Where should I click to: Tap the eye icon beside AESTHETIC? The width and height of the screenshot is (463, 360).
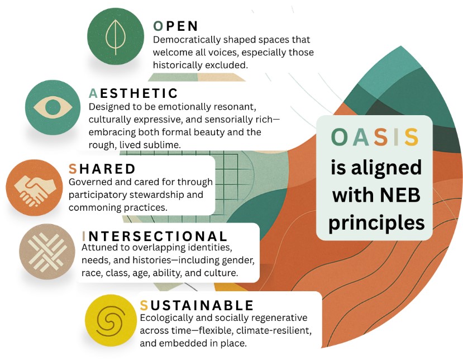click(53, 107)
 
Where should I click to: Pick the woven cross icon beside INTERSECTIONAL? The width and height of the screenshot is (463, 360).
click(47, 252)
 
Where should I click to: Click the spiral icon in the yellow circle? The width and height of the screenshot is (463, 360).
click(109, 321)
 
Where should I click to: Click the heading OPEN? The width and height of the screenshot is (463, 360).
click(176, 26)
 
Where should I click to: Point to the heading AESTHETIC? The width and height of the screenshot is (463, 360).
click(133, 93)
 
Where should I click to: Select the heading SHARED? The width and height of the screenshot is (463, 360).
click(102, 169)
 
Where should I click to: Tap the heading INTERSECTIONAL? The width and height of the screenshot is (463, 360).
click(155, 236)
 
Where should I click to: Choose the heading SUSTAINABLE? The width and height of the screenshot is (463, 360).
click(197, 305)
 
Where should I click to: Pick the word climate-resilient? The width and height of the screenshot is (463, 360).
click(274, 330)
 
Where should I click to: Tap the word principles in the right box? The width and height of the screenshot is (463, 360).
click(376, 222)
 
